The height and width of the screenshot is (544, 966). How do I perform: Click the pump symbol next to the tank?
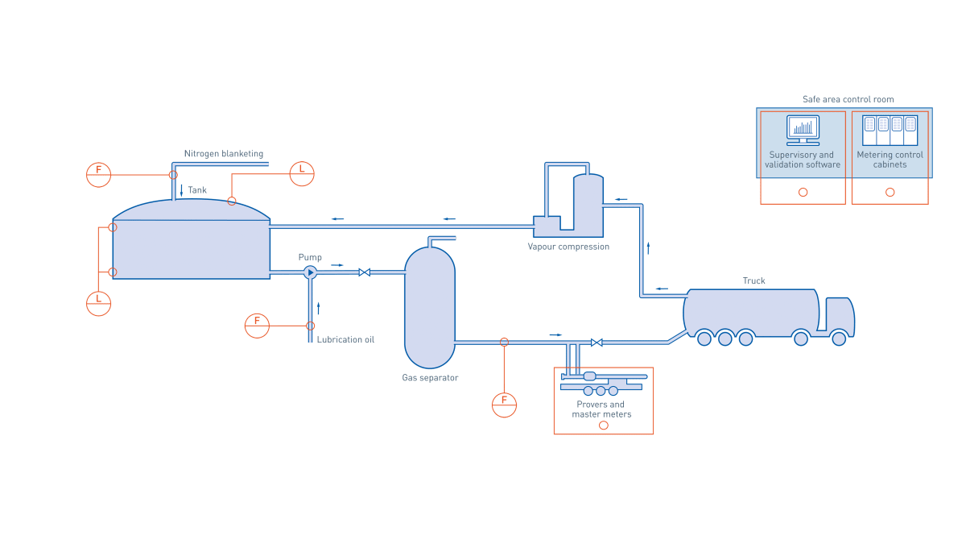[x=310, y=272]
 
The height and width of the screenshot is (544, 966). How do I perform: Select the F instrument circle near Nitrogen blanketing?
[x=98, y=174]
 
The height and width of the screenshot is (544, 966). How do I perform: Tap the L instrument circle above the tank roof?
[x=302, y=173]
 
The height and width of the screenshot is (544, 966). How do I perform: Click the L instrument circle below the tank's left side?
[x=98, y=303]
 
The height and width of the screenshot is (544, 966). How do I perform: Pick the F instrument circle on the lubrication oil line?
[x=257, y=326]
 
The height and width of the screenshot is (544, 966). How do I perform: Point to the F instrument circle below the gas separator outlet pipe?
[x=504, y=405]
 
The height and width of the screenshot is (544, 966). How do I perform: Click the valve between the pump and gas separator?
[x=364, y=272]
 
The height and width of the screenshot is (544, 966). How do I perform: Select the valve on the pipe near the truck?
[x=596, y=343]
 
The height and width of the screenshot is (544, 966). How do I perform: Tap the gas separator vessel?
[x=430, y=306]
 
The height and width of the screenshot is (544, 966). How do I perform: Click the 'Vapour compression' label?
[x=568, y=247]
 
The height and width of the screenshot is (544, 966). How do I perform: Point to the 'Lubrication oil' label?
[x=345, y=340]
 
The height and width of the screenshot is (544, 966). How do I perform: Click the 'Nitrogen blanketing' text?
[x=224, y=153]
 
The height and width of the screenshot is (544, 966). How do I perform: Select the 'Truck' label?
[x=753, y=280]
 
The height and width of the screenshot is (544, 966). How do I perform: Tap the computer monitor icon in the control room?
[x=803, y=129]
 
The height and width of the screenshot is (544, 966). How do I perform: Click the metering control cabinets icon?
[x=890, y=128]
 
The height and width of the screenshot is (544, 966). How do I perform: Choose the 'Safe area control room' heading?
[x=848, y=99]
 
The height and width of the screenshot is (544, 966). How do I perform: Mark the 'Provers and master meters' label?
[x=601, y=409]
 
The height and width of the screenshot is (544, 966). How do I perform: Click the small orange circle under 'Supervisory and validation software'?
[x=803, y=192]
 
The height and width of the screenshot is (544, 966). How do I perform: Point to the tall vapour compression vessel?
[x=588, y=206]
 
